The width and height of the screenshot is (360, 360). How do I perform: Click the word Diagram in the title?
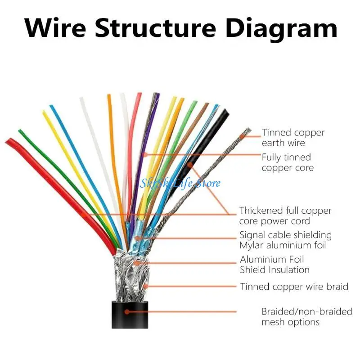coord(281,28)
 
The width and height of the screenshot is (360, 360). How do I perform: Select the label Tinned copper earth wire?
coord(293,138)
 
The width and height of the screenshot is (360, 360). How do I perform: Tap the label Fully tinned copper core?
coord(288,162)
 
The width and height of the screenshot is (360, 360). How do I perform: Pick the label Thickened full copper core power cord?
coord(285,216)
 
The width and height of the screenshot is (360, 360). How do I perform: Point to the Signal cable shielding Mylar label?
coord(285,240)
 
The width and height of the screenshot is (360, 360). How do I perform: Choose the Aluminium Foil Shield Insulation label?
coord(274,265)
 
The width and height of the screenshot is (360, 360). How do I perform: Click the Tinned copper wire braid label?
coord(294,287)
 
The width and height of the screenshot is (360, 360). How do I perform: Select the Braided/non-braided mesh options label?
coord(306,317)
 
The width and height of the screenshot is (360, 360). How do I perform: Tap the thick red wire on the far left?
coord(54,180)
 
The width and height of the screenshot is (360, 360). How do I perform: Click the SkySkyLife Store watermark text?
coord(180,183)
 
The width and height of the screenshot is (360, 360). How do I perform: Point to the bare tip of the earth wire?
coord(245,133)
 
